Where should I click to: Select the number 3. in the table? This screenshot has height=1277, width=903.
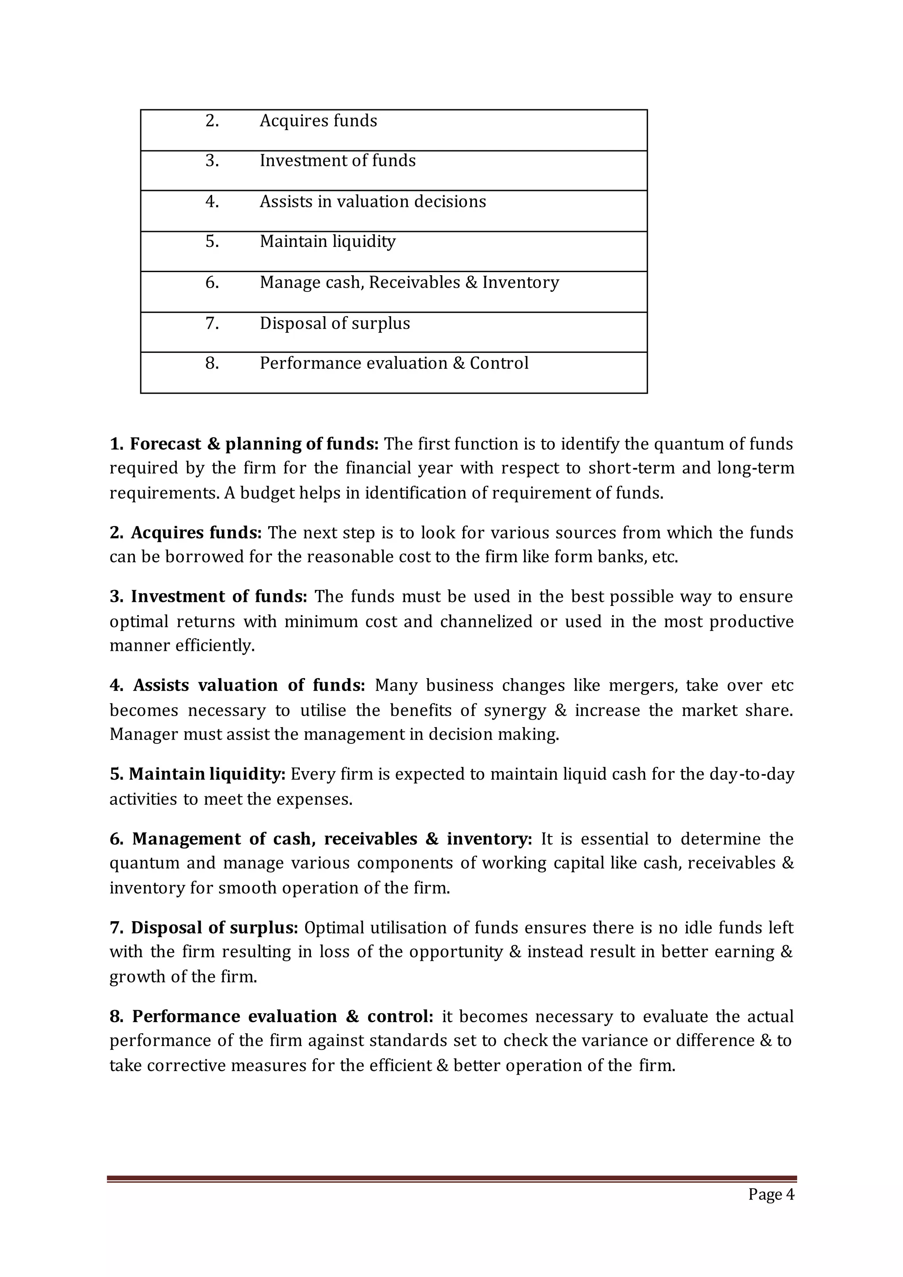[212, 161]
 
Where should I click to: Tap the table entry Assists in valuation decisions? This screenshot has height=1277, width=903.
[373, 202]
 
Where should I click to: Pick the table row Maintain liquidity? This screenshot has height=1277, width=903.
[328, 241]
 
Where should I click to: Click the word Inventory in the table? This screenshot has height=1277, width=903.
[520, 283]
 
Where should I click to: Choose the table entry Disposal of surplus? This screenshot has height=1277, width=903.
[335, 323]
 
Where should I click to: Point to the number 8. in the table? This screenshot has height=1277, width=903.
[212, 363]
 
